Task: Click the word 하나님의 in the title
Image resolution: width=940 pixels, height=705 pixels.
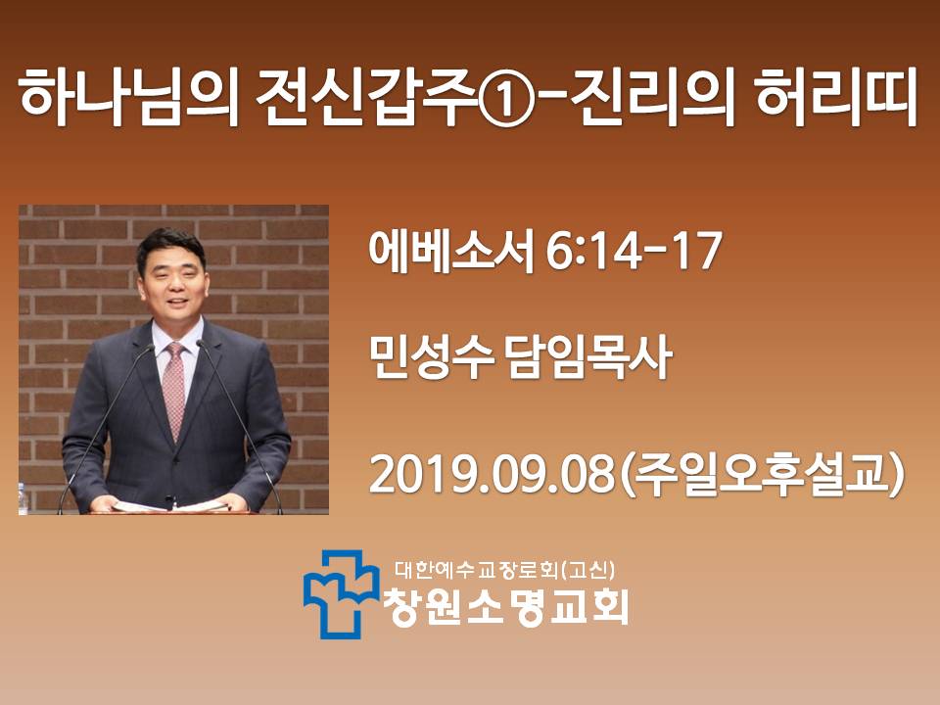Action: tap(129, 98)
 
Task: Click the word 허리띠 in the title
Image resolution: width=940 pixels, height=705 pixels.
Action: tap(836, 98)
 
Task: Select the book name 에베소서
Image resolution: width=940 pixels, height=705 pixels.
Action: tap(450, 252)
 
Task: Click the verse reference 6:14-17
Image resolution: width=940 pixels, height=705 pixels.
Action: tap(634, 252)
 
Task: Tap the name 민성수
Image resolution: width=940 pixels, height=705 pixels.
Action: tap(431, 357)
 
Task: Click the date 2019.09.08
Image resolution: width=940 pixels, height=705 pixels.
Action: tap(493, 475)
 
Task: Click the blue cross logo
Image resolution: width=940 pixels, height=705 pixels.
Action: tap(341, 593)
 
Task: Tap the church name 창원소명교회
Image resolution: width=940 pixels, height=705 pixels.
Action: tap(506, 607)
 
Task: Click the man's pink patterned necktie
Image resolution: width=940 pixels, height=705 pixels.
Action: tap(174, 390)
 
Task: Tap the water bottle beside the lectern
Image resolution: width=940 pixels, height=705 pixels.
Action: tap(23, 499)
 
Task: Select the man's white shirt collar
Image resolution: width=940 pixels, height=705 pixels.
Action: tap(176, 337)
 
